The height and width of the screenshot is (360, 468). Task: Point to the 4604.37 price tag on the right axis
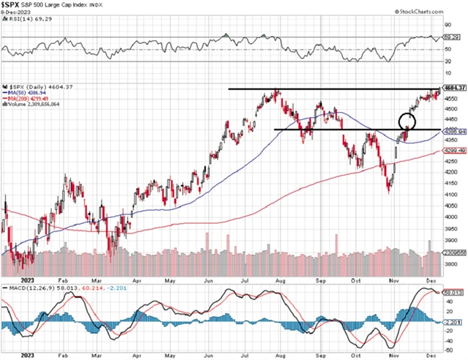[453, 89]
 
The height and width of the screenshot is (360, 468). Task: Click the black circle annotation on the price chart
[407, 121]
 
